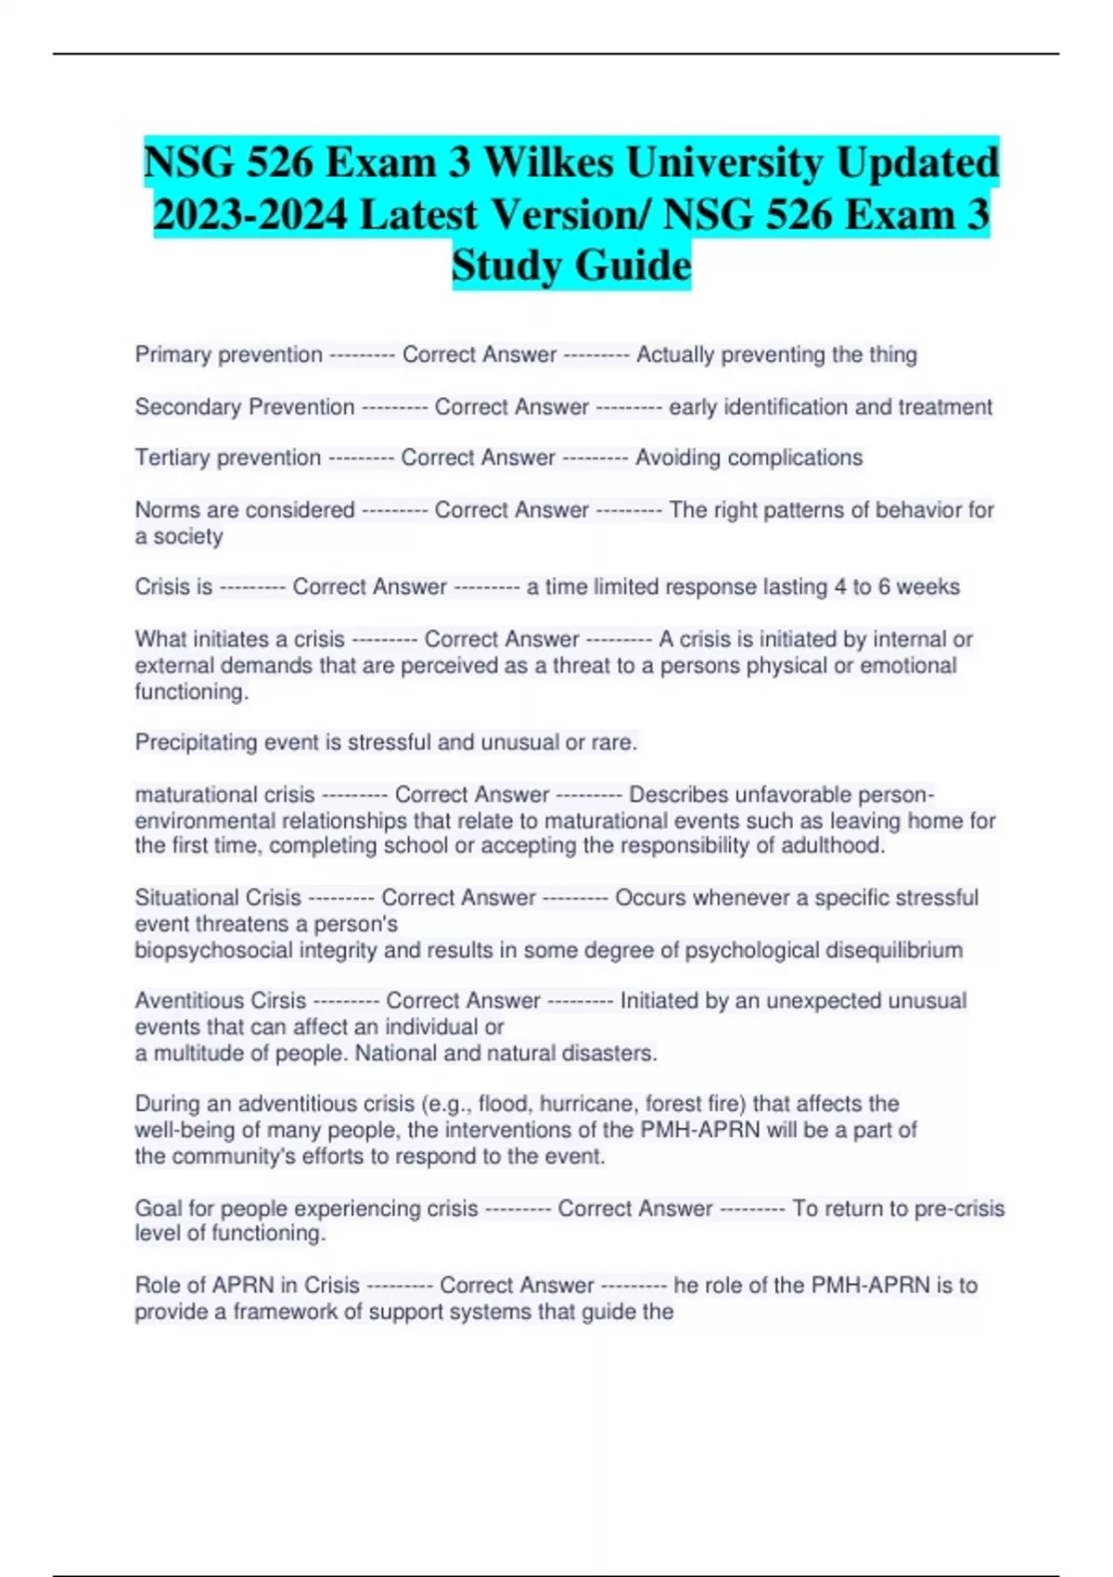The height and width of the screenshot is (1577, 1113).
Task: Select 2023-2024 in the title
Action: tap(250, 215)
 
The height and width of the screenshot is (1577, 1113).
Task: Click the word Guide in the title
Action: tap(633, 265)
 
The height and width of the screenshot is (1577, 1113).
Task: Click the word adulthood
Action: tap(832, 845)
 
